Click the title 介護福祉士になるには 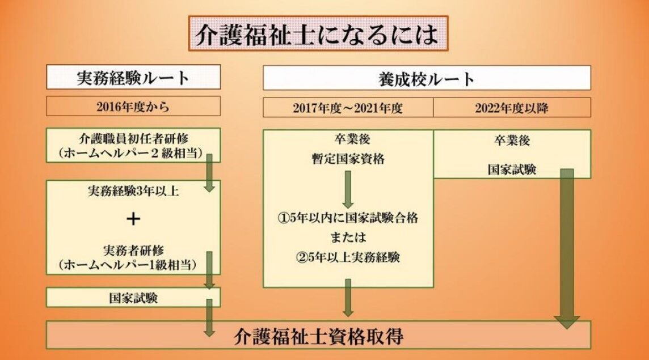click(x=318, y=35)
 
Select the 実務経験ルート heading click(x=133, y=78)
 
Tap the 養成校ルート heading click(x=427, y=78)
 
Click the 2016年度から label click(x=133, y=106)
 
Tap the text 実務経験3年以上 click(x=133, y=192)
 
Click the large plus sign click(x=133, y=219)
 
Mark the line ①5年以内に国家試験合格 click(x=348, y=218)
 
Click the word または click(x=348, y=236)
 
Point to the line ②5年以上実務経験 click(x=348, y=257)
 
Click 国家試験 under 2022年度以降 click(x=512, y=169)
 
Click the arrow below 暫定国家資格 click(x=348, y=188)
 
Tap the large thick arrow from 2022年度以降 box click(x=566, y=249)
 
